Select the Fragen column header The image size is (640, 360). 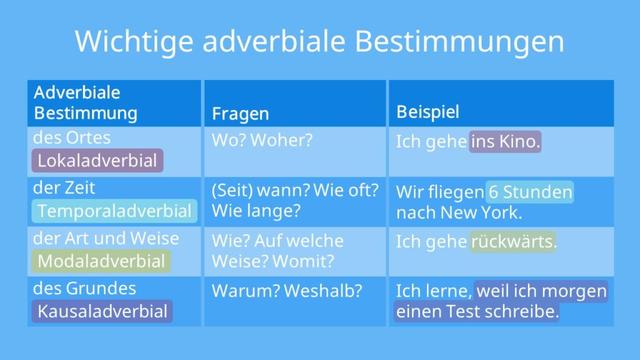pyautogui.click(x=240, y=114)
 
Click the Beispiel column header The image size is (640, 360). pyautogui.click(x=428, y=112)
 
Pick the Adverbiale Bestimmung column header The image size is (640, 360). pyautogui.click(x=86, y=103)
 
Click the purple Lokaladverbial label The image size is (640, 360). pyautogui.click(x=97, y=161)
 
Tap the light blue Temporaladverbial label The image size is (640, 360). pyautogui.click(x=113, y=211)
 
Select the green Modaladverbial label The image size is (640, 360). pyautogui.click(x=101, y=261)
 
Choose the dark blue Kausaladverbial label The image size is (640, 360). pyautogui.click(x=102, y=311)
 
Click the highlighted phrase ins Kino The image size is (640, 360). pyautogui.click(x=505, y=142)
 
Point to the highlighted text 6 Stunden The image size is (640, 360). pyautogui.click(x=530, y=192)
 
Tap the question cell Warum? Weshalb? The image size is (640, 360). pyautogui.click(x=286, y=291)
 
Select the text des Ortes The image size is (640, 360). pyautogui.click(x=72, y=138)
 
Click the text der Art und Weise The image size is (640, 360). pyautogui.click(x=106, y=238)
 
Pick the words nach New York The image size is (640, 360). pyautogui.click(x=459, y=213)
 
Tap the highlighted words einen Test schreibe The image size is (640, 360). pyautogui.click(x=477, y=312)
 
